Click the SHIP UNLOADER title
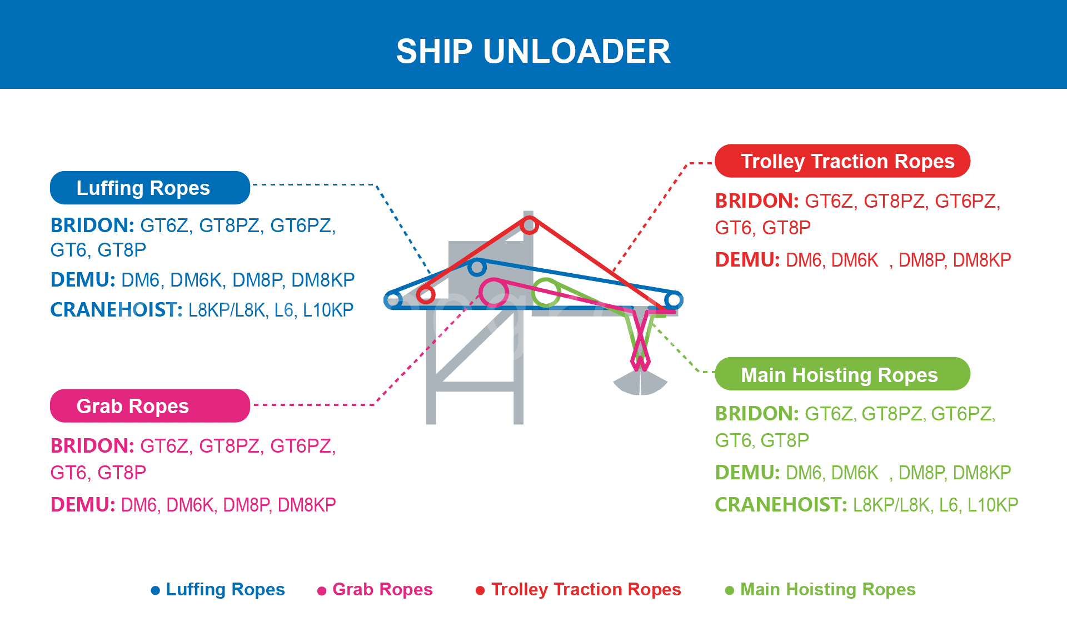click(x=533, y=51)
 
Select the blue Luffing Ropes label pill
click(x=149, y=188)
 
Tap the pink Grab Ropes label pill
click(x=149, y=406)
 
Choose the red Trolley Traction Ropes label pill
click(x=842, y=161)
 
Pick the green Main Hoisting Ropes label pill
click(x=842, y=374)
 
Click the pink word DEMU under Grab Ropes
click(x=82, y=505)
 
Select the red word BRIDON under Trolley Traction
click(x=756, y=201)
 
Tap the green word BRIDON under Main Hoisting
click(x=756, y=414)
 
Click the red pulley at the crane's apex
click(x=529, y=225)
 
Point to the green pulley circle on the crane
click(x=546, y=293)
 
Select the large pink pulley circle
click(x=493, y=293)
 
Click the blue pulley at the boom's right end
click(x=674, y=300)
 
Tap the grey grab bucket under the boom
click(x=640, y=383)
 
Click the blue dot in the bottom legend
click(x=156, y=590)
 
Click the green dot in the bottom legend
click(x=730, y=590)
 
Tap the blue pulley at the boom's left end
click(x=393, y=300)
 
